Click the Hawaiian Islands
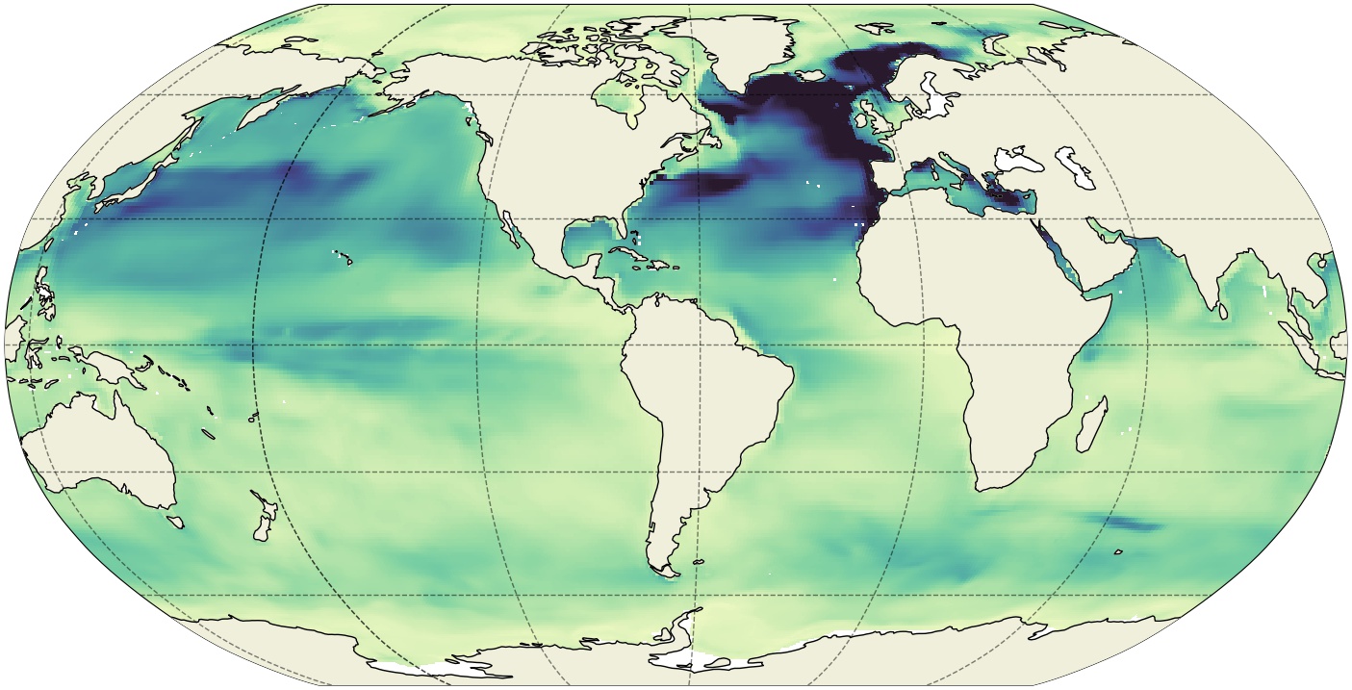[344, 258]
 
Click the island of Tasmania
[175, 521]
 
